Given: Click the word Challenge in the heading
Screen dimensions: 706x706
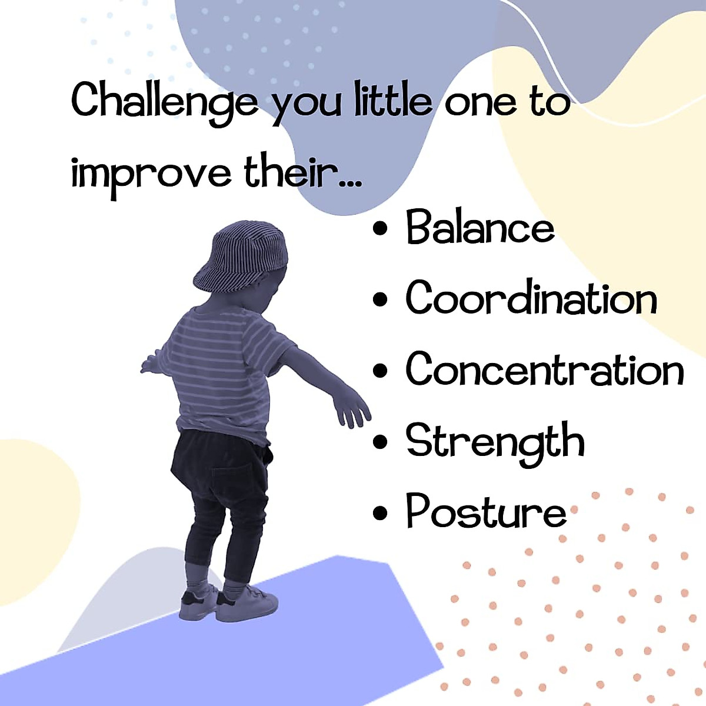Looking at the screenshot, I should point(165,101).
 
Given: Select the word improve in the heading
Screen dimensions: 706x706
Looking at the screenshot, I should point(151,174).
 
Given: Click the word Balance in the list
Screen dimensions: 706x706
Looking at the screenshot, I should point(480,228).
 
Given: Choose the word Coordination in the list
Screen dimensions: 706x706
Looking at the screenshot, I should point(531,298).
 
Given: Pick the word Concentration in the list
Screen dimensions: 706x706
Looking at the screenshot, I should point(545,369).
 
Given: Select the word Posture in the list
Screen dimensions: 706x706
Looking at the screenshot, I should point(486,511).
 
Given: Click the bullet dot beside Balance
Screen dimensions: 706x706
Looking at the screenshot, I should point(381,229).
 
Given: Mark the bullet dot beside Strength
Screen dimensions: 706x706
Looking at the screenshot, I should point(381,442).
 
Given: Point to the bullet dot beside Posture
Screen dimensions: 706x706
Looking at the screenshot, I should point(381,512).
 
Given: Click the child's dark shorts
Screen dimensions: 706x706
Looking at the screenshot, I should point(224,465).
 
